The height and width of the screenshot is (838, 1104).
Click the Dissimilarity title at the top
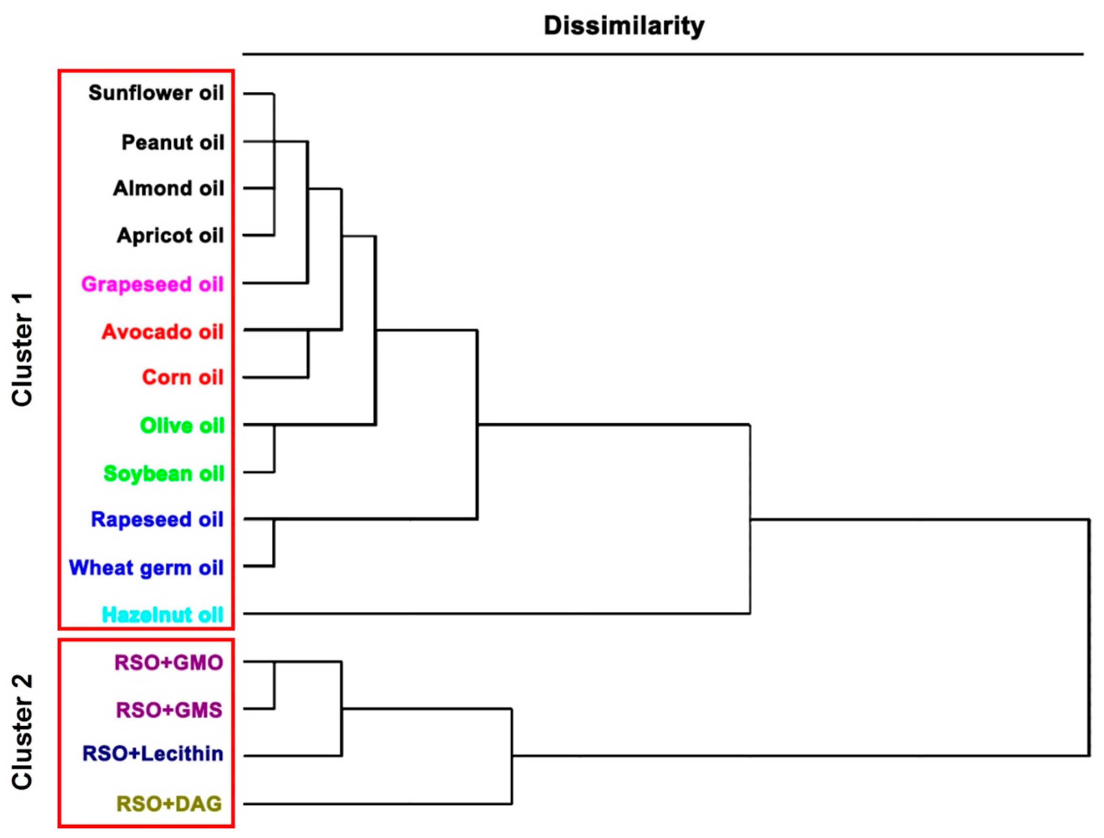tap(624, 26)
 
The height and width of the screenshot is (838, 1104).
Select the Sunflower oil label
tap(156, 93)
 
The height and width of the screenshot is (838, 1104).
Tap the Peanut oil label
tap(173, 143)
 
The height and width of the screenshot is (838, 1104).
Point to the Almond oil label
tap(169, 189)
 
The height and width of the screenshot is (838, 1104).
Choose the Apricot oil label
tap(170, 236)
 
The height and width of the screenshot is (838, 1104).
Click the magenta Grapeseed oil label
tap(152, 284)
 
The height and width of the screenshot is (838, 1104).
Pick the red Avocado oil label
tap(162, 332)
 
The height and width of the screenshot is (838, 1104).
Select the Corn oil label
tap(183, 377)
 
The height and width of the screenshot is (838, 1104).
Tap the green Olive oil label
tap(182, 426)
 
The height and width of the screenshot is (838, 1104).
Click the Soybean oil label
tap(164, 474)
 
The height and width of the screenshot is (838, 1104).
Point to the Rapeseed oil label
tap(157, 520)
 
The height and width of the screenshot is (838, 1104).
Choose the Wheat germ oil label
tap(146, 568)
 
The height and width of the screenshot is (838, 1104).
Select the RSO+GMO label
tap(169, 663)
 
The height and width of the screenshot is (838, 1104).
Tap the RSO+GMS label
tap(169, 710)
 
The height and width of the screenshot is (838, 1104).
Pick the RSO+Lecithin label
tap(153, 754)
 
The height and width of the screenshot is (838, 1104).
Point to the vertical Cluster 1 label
tap(23, 349)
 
